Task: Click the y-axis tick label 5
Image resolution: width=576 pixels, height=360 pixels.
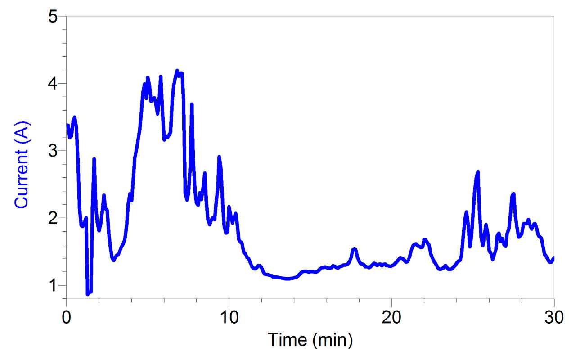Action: tap(53, 17)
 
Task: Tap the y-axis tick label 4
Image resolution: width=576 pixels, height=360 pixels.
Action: tap(53, 84)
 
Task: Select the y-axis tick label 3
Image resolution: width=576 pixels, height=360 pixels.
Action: tap(53, 151)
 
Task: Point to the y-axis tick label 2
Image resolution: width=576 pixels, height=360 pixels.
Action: tap(53, 218)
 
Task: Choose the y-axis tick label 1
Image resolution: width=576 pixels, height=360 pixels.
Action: tap(53, 285)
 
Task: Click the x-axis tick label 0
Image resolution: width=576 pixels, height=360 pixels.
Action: tap(67, 317)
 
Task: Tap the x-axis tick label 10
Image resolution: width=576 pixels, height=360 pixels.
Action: tap(229, 317)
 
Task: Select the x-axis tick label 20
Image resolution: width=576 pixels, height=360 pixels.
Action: tap(391, 317)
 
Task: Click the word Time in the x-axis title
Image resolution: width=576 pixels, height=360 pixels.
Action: tap(287, 340)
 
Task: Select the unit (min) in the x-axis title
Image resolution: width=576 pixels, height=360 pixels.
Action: tap(331, 340)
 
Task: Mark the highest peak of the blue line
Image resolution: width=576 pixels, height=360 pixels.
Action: tap(177, 71)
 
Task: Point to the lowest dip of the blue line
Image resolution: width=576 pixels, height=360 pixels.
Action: tap(88, 294)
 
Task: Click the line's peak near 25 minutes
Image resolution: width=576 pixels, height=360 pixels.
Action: tap(478, 171)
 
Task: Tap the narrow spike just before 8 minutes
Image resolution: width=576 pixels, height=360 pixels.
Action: tap(192, 104)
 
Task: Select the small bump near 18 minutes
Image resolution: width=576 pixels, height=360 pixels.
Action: tap(355, 249)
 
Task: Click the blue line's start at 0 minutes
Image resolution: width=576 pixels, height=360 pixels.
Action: tap(67, 125)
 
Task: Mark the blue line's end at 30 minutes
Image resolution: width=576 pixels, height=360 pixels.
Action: tap(553, 258)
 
